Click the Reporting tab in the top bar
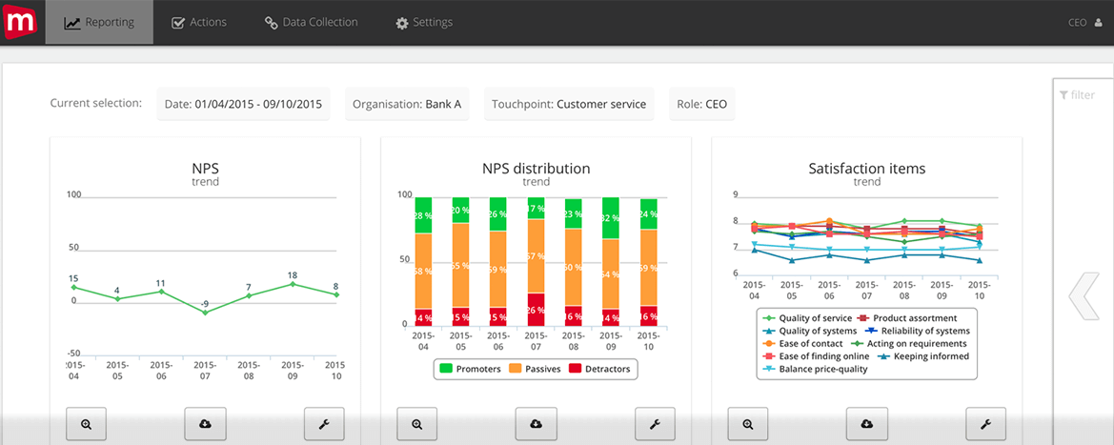coord(99,22)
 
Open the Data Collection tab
coord(312,22)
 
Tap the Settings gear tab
coord(424,22)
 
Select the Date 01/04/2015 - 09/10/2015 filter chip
coord(243,104)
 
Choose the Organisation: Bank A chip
coord(406,104)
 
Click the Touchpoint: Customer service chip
coord(569,104)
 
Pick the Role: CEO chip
coord(702,104)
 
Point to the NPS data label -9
coord(204,304)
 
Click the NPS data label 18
coord(293,274)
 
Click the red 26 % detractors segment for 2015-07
coord(536,310)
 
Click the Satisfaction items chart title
coord(866,169)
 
